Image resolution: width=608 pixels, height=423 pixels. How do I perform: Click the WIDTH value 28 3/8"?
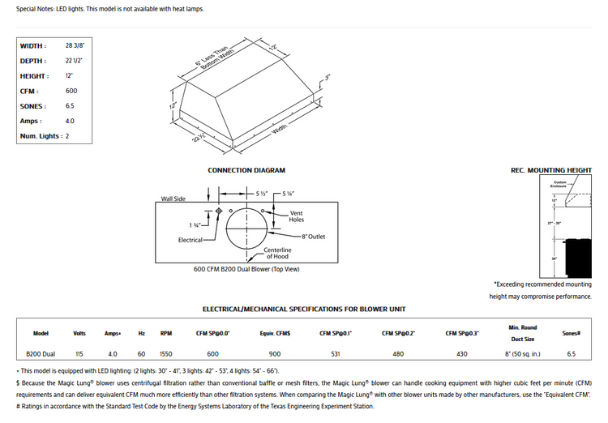coord(75,45)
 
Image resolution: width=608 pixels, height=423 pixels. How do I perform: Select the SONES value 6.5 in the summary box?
coord(71,106)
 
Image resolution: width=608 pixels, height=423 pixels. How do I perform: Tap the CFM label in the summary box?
coord(28,91)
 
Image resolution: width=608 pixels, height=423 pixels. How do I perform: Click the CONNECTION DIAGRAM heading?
coord(246,171)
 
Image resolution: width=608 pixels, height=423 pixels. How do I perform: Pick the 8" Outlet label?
coord(313,236)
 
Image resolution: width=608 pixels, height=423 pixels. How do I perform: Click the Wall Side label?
coord(173,198)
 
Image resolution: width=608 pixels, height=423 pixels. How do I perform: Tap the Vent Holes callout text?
coord(296,216)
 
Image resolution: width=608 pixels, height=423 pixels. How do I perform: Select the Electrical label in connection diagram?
coord(191,240)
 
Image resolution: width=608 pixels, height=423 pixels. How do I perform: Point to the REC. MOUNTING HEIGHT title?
coord(550,171)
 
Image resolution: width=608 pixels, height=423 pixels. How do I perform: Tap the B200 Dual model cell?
coord(41,354)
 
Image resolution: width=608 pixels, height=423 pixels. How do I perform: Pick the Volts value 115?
coord(79,354)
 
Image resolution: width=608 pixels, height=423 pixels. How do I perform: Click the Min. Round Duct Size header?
coord(523,333)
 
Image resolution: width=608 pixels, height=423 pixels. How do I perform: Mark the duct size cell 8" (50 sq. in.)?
coord(523,354)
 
